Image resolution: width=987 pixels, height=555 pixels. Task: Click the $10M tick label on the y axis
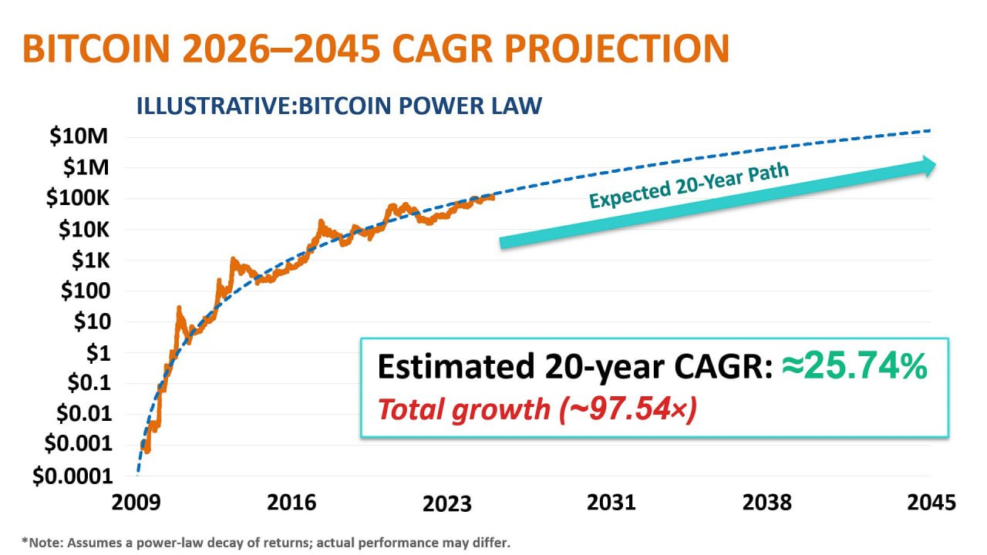pos(77,137)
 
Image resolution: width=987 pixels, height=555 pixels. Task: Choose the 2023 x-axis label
pos(446,503)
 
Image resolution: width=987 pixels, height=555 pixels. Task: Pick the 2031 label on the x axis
pos(611,503)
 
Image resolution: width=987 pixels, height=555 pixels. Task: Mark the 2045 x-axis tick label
pos(931,503)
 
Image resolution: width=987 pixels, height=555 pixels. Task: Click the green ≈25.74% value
pos(855,368)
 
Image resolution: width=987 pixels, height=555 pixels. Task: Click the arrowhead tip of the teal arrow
pos(935,164)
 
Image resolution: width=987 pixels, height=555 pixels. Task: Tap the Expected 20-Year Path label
pos(689,186)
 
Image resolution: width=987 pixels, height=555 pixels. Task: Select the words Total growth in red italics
pos(463,409)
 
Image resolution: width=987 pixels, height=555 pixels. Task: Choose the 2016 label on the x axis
pos(291,503)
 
